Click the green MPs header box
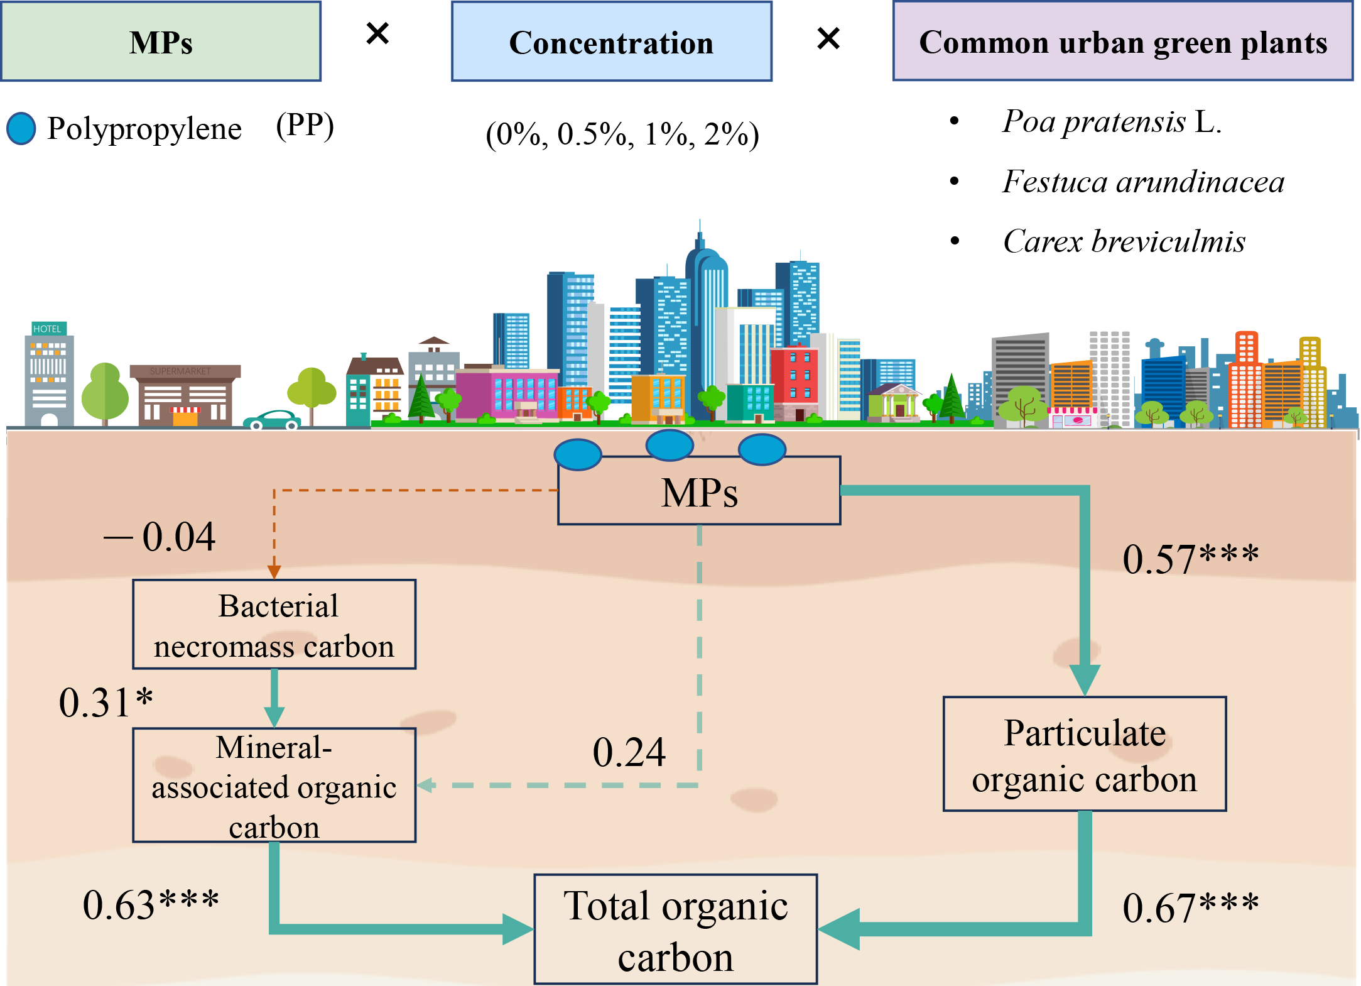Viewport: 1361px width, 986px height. (161, 41)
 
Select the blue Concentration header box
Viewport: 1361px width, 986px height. (611, 41)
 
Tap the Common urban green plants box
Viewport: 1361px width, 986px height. (1122, 41)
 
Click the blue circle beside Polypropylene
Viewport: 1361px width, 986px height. (21, 129)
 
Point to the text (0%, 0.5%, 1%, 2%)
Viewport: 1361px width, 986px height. (622, 134)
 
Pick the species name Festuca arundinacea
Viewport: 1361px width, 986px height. (1142, 182)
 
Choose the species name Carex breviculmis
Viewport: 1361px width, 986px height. (1124, 241)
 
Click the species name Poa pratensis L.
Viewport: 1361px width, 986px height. (1111, 121)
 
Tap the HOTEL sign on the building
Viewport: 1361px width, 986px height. (48, 329)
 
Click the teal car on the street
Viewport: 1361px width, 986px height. (272, 420)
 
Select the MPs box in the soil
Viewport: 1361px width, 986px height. (699, 491)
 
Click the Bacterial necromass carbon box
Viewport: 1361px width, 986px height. (274, 625)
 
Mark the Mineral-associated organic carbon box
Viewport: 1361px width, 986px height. (274, 786)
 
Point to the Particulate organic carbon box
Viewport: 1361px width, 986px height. (1085, 754)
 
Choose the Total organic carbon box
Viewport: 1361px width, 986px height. (676, 929)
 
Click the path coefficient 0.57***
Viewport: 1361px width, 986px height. (1190, 559)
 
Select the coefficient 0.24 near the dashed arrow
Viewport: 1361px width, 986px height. (629, 752)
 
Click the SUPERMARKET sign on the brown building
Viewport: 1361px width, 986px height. (180, 371)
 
